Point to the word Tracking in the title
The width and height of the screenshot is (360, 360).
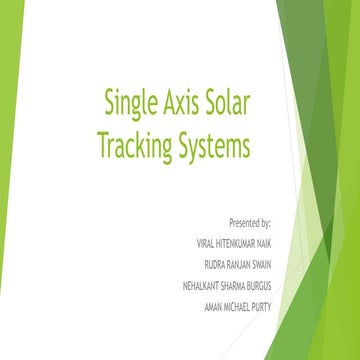134,145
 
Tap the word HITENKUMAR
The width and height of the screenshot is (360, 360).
238,242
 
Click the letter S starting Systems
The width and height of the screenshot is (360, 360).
181,145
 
